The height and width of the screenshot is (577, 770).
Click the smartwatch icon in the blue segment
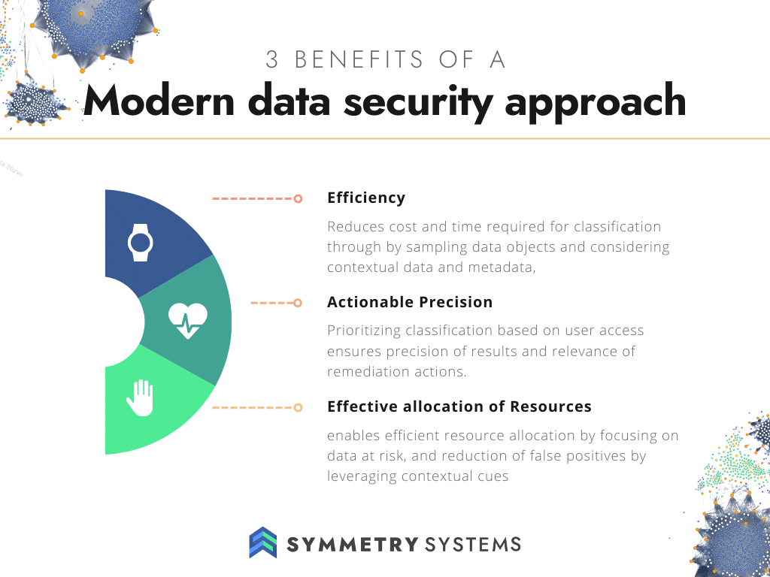click(141, 243)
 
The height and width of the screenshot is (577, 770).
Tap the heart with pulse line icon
click(188, 321)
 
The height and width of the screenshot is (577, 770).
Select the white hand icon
click(141, 398)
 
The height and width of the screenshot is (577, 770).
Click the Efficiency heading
click(366, 198)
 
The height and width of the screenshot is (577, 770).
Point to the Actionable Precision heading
click(410, 302)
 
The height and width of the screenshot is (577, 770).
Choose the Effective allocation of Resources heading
click(459, 406)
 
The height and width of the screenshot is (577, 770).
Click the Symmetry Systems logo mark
click(263, 542)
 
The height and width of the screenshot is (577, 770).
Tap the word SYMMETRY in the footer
click(353, 544)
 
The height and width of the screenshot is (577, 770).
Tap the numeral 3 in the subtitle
click(271, 60)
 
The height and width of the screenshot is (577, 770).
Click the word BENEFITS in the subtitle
click(359, 60)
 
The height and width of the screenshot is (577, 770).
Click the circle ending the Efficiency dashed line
click(298, 198)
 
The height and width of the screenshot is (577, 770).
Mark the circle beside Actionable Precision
click(298, 303)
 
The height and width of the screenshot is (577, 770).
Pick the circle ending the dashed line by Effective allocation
click(298, 407)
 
